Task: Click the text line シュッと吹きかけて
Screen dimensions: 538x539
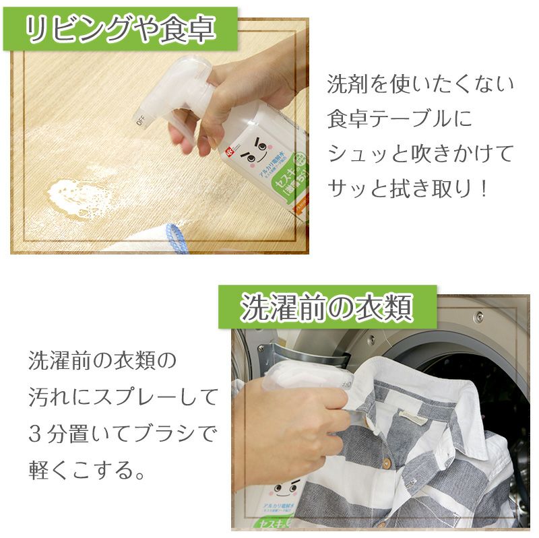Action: (420, 154)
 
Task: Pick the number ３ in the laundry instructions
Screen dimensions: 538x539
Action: (37, 432)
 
